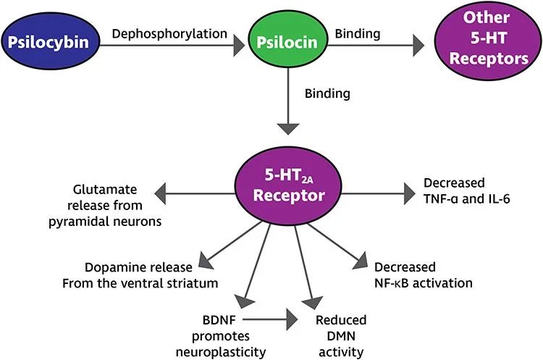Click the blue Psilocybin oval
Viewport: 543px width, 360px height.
[51, 41]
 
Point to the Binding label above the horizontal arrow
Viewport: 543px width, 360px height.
[358, 33]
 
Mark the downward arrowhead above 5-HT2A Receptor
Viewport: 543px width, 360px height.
[288, 129]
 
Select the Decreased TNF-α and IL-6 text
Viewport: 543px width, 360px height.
[468, 191]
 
